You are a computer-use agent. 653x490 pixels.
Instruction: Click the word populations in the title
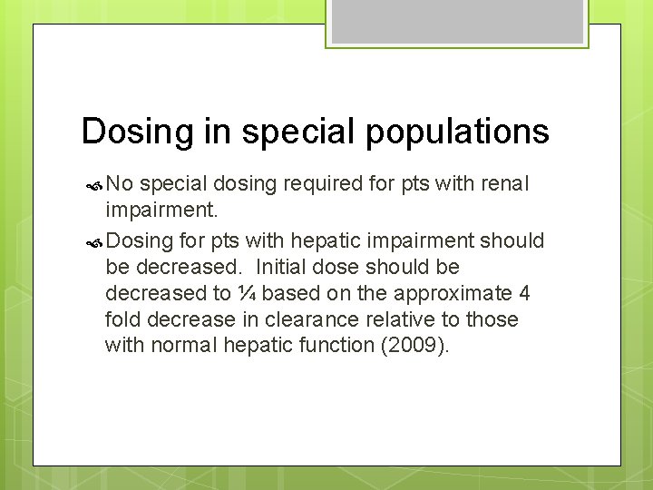point(457,132)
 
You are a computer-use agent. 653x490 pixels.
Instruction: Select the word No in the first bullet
point(120,184)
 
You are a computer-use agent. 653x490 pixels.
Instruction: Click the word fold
point(122,319)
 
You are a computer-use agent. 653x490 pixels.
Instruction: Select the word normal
point(192,345)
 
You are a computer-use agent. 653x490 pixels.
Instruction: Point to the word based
point(289,293)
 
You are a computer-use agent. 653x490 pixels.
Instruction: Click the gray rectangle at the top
point(456,21)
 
